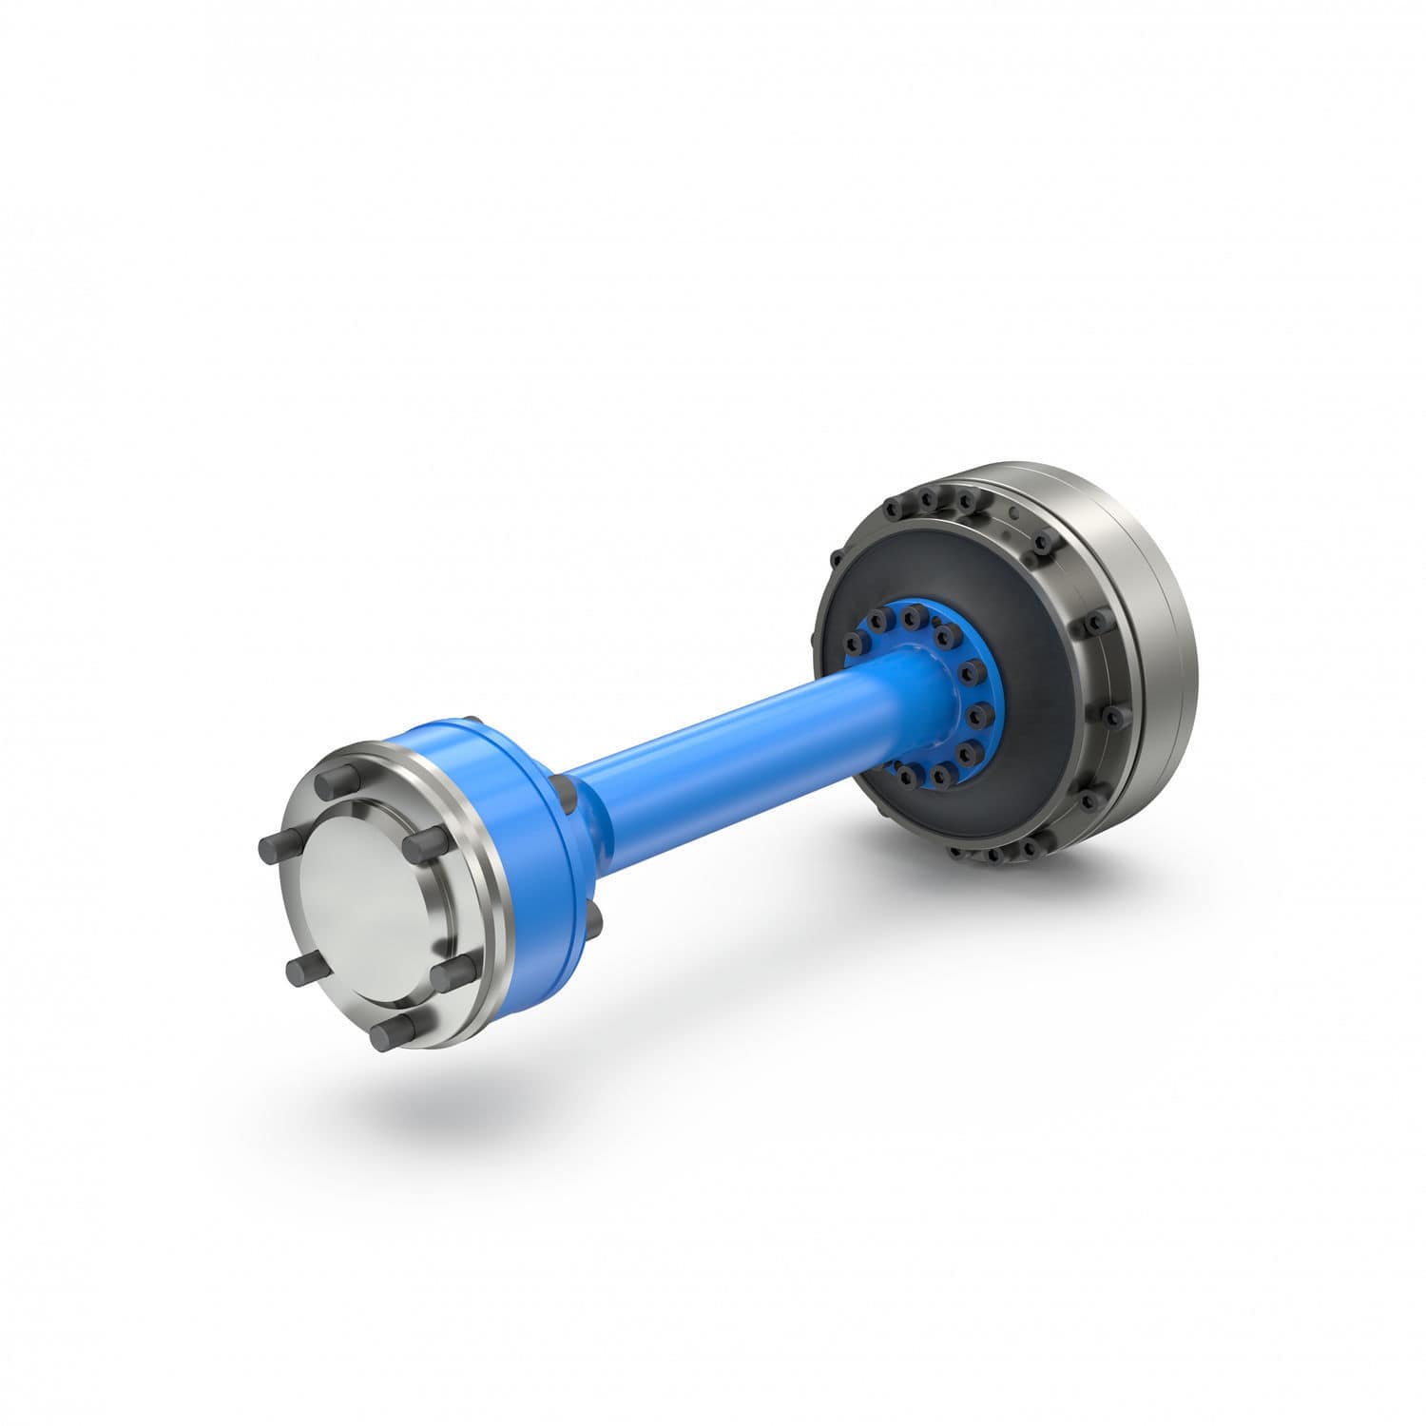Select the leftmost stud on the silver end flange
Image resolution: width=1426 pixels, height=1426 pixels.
tap(269, 850)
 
